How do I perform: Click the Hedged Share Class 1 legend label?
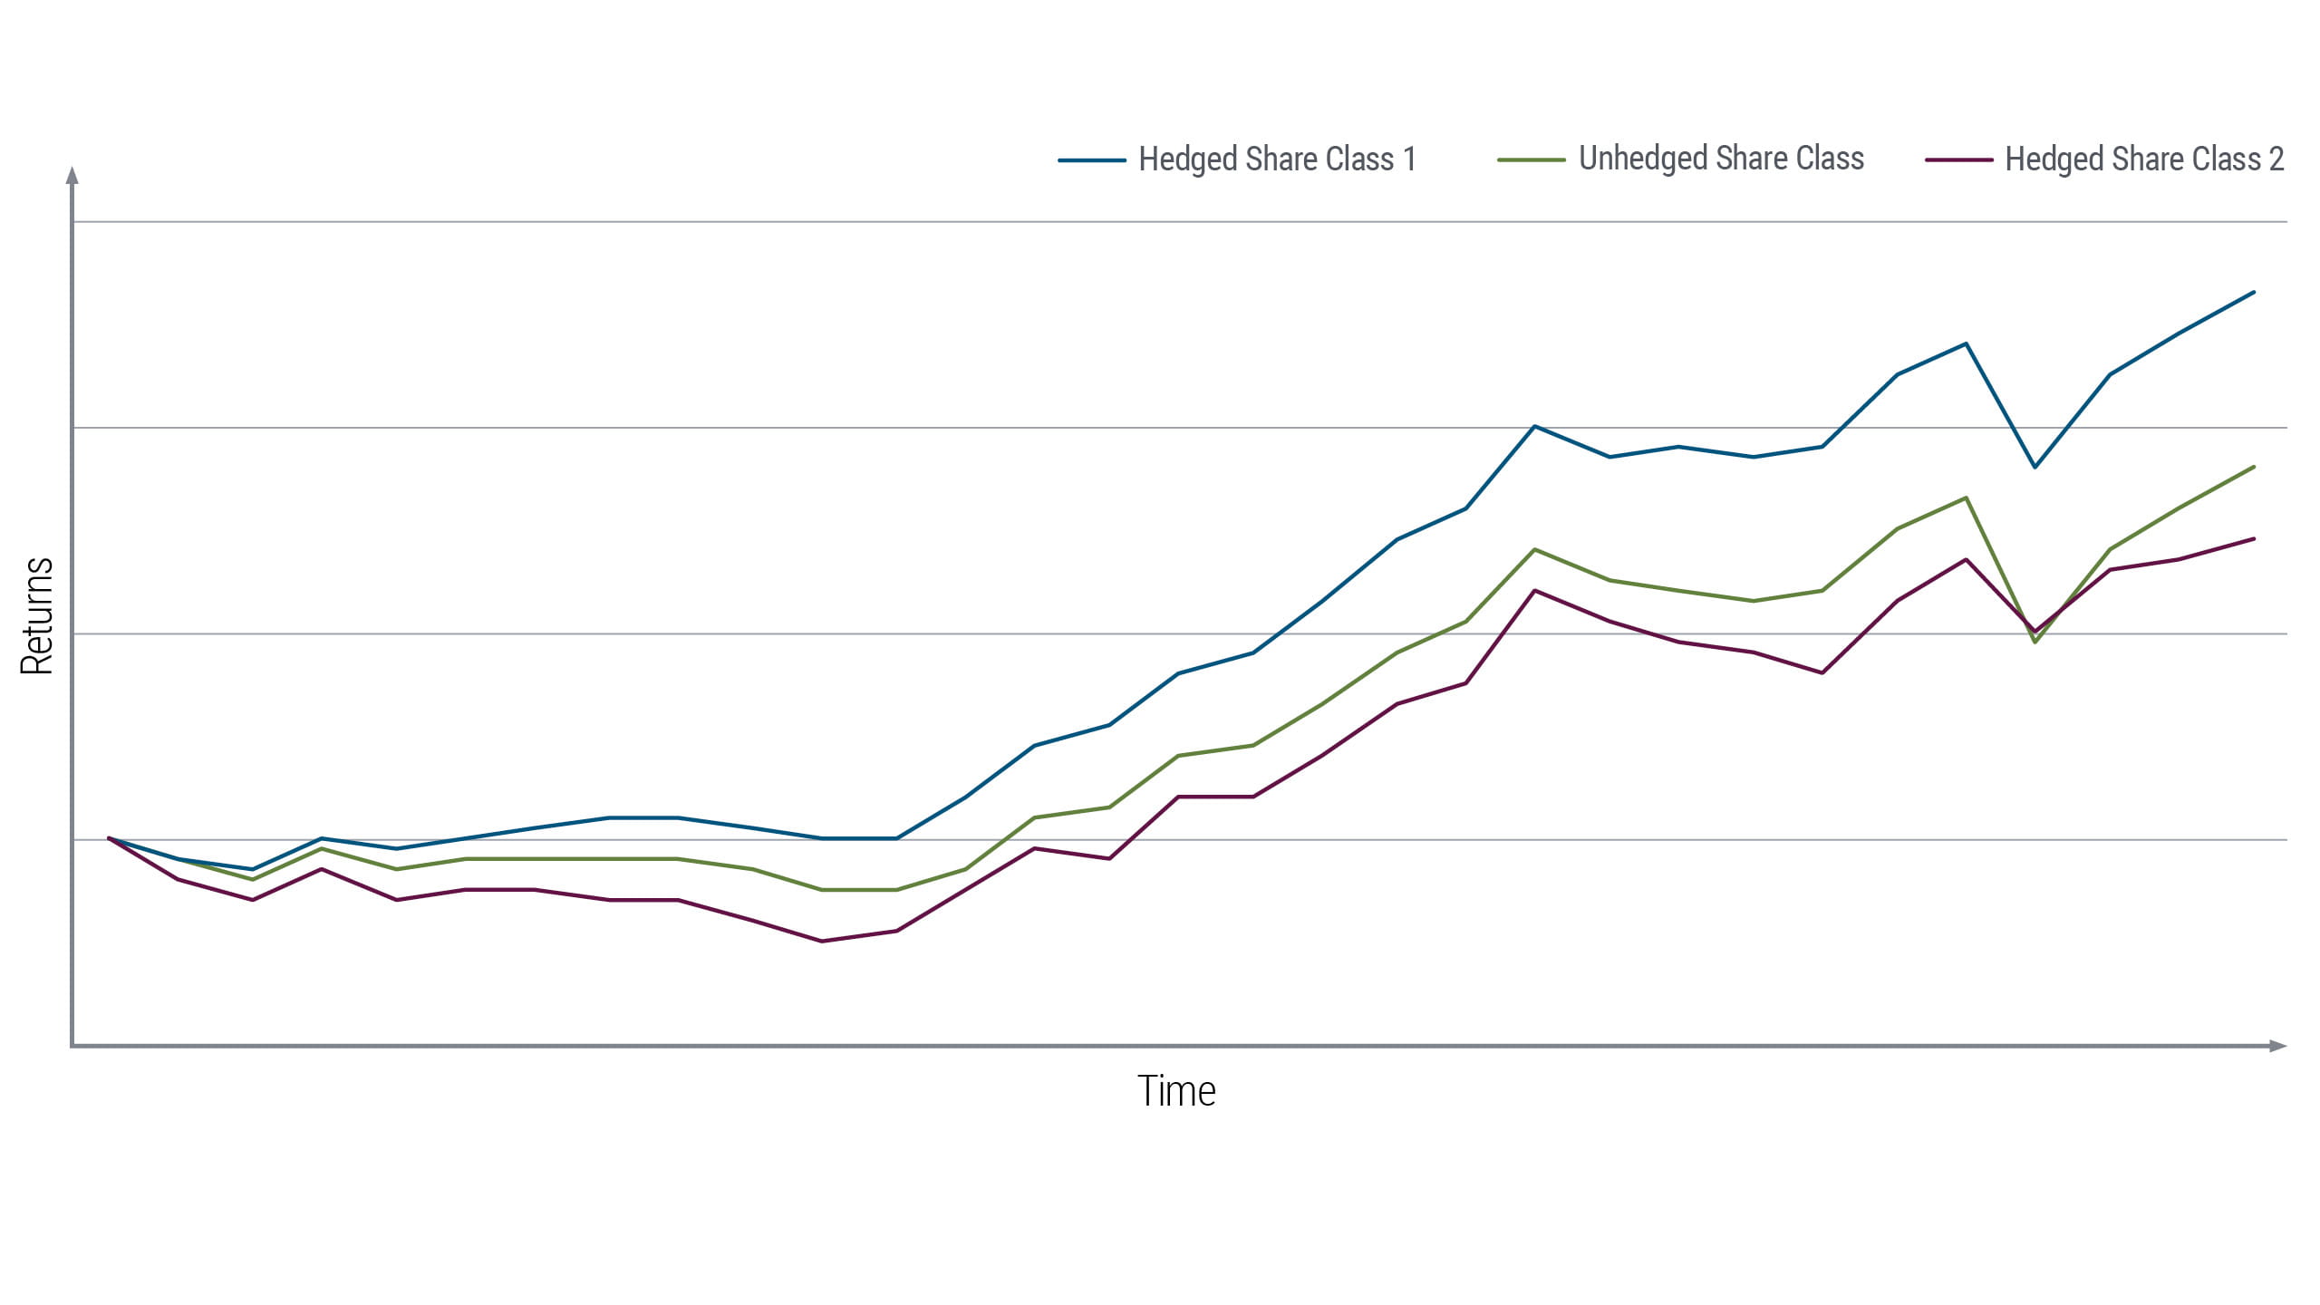click(1276, 159)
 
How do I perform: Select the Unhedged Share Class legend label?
click(1720, 159)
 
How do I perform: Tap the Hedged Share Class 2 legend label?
click(2143, 159)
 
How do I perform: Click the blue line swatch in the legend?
click(1091, 160)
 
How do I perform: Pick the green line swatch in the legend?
click(1531, 160)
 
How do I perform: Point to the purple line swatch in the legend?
click(1958, 160)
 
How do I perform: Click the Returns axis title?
click(37, 616)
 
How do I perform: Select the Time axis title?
click(1175, 1091)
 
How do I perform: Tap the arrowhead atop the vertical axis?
click(72, 174)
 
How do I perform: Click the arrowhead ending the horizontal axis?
click(2278, 1046)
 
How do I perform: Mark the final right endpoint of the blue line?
click(2254, 292)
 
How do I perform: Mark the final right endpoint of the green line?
click(2254, 467)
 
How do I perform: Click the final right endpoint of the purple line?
click(2254, 539)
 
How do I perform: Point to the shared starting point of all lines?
click(109, 838)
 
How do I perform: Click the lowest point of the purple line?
click(822, 941)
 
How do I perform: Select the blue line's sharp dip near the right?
click(2035, 467)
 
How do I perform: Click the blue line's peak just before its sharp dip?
click(1966, 343)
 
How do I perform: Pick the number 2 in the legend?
click(2276, 159)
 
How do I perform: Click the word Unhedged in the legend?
click(1642, 159)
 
